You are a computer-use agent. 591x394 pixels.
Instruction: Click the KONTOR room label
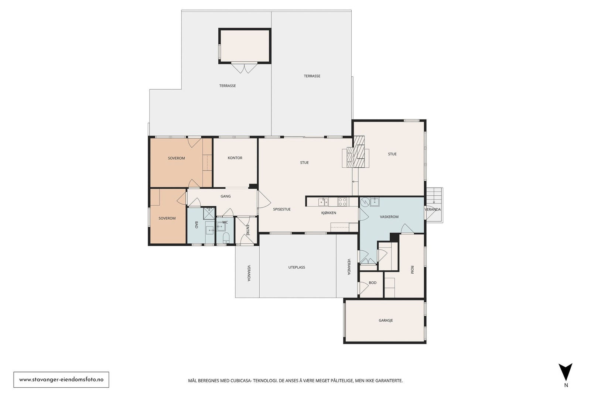click(x=235, y=158)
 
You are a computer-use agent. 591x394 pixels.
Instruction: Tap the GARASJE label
click(x=386, y=321)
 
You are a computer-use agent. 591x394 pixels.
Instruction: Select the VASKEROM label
click(x=389, y=217)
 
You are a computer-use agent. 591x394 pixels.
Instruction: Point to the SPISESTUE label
click(x=282, y=209)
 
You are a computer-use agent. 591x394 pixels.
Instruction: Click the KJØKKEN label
click(x=329, y=213)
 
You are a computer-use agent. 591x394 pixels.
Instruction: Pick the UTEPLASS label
click(x=297, y=267)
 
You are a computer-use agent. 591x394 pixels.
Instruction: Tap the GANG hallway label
click(x=226, y=196)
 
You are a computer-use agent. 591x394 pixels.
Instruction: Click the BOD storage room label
click(x=373, y=283)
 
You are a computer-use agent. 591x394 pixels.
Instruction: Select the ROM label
click(x=412, y=270)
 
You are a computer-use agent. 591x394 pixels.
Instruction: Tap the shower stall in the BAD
click(x=209, y=213)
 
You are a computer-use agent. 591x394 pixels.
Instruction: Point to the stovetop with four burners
click(x=342, y=202)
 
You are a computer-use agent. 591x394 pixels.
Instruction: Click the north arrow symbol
click(x=566, y=372)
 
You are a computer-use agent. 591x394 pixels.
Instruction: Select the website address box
click(x=61, y=380)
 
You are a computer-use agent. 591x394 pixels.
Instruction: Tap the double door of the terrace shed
click(x=244, y=68)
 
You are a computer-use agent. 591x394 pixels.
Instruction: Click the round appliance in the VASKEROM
click(x=365, y=202)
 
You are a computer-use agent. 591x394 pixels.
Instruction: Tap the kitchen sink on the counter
click(x=323, y=202)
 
